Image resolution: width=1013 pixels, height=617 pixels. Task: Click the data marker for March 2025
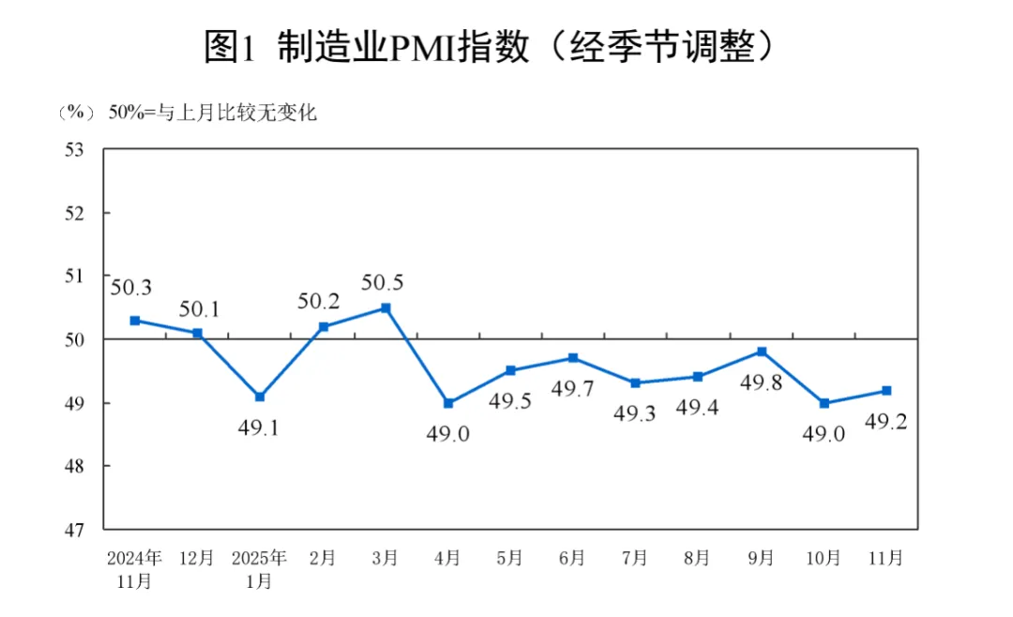(386, 308)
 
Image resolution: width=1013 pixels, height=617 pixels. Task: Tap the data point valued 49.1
(260, 397)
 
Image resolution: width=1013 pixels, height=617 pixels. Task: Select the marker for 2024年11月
(135, 321)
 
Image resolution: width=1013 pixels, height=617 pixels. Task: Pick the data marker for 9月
(762, 352)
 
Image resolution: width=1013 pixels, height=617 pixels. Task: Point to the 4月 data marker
(448, 403)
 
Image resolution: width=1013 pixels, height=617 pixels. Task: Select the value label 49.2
(885, 423)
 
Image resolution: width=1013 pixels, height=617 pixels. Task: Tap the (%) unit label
(76, 113)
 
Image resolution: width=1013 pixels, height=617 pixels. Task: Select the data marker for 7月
(636, 384)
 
